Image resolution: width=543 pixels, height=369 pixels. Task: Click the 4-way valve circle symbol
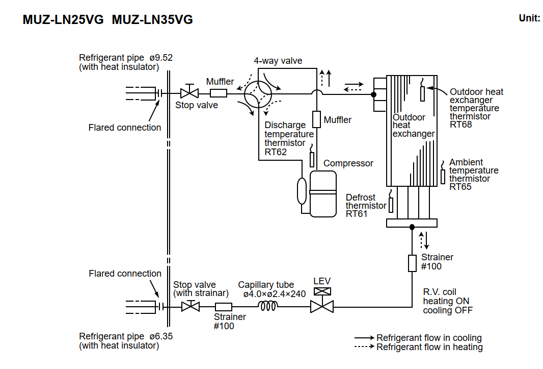[x=259, y=93]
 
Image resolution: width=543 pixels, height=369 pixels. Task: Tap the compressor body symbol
[x=323, y=194]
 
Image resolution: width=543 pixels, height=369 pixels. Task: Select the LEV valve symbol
[x=322, y=306]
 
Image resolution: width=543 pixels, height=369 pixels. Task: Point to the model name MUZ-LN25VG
[x=63, y=20]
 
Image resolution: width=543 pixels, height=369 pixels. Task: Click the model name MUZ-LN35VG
[x=152, y=20]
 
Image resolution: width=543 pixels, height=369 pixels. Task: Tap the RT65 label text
[x=460, y=187]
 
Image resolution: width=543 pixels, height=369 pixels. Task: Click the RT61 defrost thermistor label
[x=357, y=214]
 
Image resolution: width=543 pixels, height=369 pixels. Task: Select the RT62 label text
[x=276, y=152]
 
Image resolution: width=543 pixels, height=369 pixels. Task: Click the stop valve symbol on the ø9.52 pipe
[x=189, y=93]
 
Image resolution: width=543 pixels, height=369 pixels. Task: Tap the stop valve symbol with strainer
[x=191, y=307]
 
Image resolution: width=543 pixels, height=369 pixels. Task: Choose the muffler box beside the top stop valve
[x=219, y=93]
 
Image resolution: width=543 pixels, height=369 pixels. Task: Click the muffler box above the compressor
[x=316, y=119]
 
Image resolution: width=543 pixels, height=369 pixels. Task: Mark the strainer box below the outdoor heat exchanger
[x=412, y=263]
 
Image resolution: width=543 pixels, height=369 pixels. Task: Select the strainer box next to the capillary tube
[x=224, y=307]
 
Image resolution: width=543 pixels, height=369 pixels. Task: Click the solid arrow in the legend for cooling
[x=365, y=338]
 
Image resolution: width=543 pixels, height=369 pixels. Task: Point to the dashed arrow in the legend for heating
[x=365, y=347]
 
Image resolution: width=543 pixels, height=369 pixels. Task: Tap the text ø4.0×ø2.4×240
[x=274, y=294]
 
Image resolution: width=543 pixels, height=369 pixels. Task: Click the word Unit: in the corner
[x=529, y=18]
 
